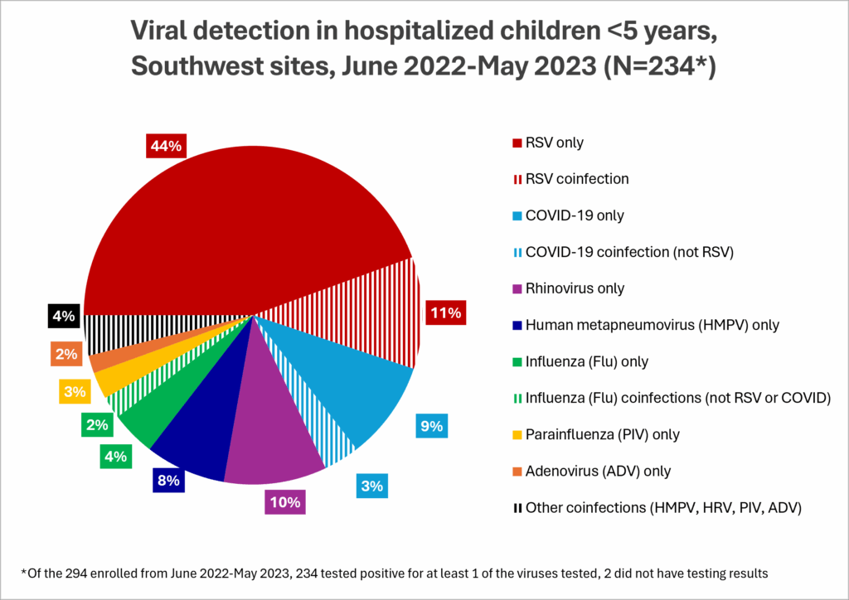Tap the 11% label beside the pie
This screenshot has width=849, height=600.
(x=444, y=313)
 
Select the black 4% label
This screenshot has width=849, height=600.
(x=64, y=315)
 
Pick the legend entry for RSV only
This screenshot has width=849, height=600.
(x=554, y=143)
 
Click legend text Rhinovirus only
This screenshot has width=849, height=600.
(x=575, y=288)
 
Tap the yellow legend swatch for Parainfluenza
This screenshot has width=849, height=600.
(x=517, y=435)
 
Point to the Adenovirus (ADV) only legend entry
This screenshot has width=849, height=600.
(x=597, y=471)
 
